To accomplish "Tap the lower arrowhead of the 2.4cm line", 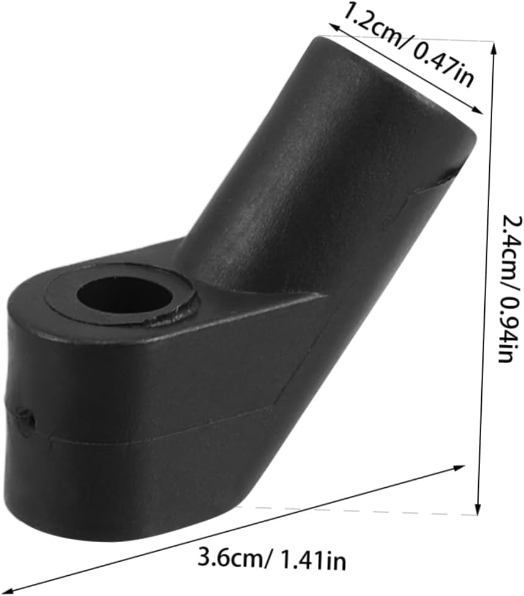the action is pyautogui.click(x=478, y=509).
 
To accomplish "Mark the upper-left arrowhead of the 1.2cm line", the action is pyautogui.click(x=334, y=28).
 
